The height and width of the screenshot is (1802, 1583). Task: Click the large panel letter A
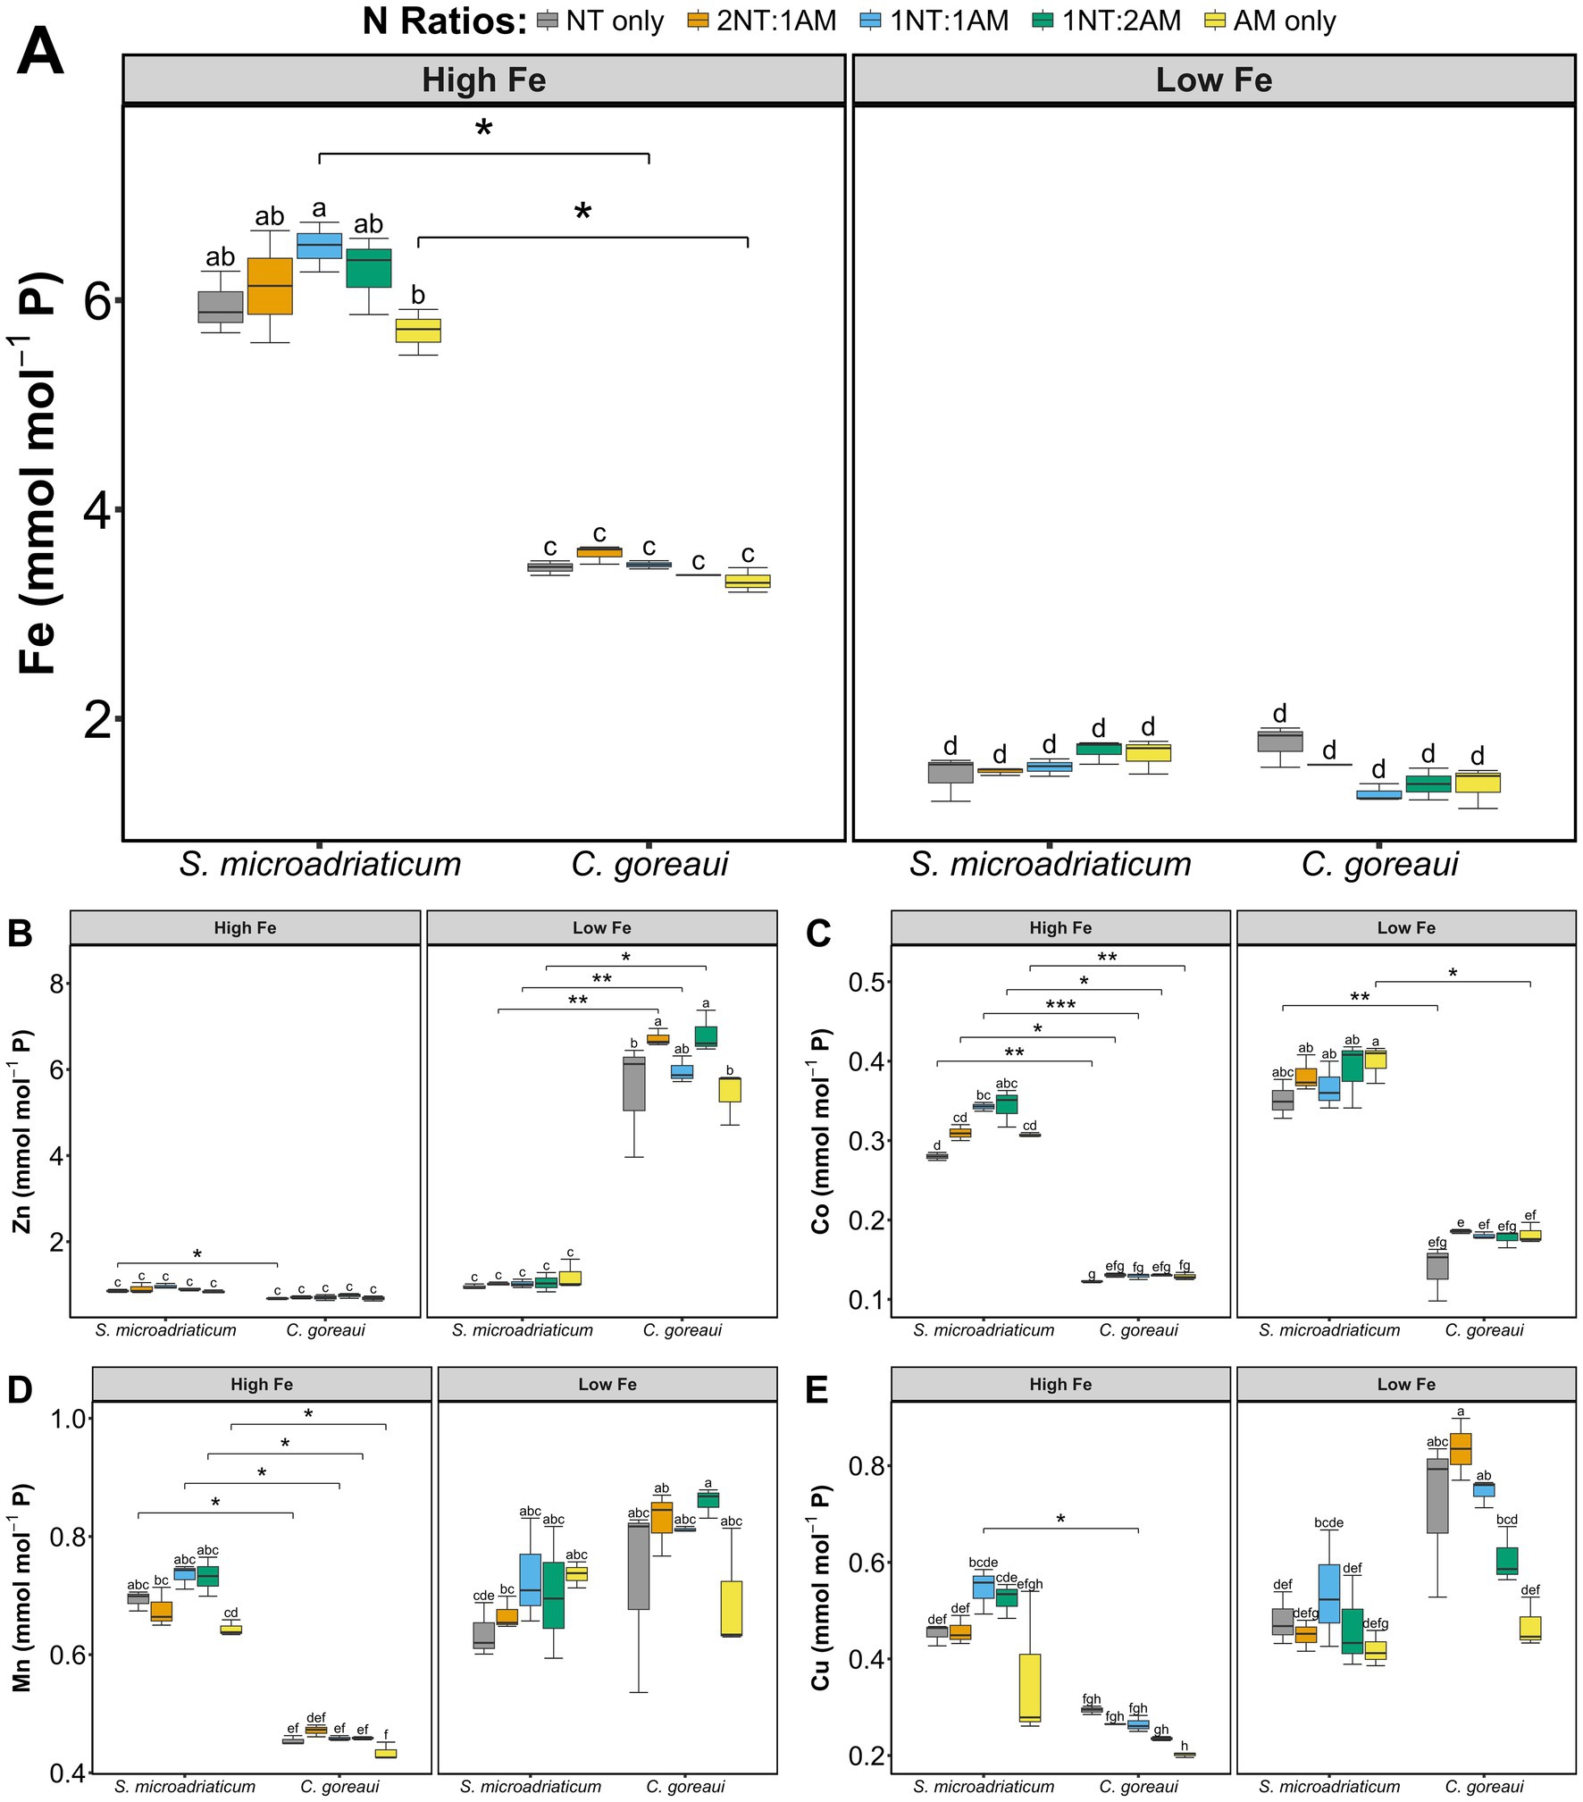[x=40, y=52]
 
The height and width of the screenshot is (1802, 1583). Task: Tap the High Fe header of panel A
[x=483, y=80]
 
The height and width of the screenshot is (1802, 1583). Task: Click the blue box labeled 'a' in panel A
[x=319, y=245]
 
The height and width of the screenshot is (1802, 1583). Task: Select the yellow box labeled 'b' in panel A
[x=418, y=330]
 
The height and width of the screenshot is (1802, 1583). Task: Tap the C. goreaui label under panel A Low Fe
[x=1379, y=864]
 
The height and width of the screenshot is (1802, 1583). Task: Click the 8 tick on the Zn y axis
[x=57, y=984]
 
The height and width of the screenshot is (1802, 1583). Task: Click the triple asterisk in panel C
[x=1060, y=1005]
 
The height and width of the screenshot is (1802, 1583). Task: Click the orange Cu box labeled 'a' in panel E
[x=1461, y=1449]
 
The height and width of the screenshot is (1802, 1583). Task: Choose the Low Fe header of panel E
[x=1405, y=1384]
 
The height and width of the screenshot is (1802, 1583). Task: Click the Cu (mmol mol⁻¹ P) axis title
[x=820, y=1586]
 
